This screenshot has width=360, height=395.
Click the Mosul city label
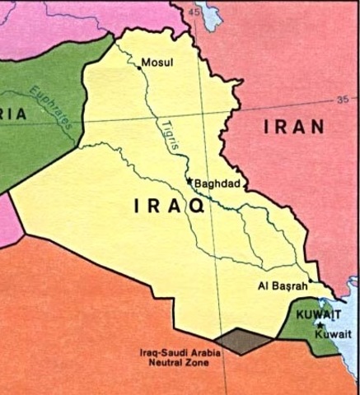point(158,63)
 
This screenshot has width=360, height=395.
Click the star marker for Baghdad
point(189,181)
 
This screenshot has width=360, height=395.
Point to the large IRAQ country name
point(168,208)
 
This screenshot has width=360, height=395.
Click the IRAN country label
point(294,127)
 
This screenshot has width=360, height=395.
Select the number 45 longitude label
point(195,13)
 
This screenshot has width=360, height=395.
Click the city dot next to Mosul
point(139,69)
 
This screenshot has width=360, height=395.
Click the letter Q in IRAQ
point(198,208)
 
